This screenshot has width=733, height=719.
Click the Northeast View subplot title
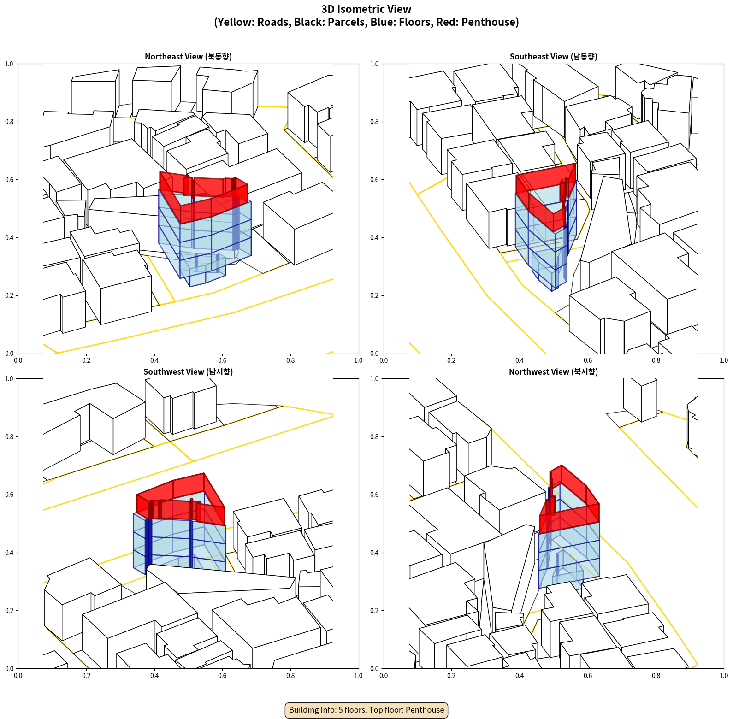pyautogui.click(x=188, y=56)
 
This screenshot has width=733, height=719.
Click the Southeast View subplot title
pyautogui.click(x=553, y=56)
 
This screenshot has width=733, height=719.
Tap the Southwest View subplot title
pyautogui.click(x=188, y=371)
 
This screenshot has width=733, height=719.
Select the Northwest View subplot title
pyautogui.click(x=553, y=371)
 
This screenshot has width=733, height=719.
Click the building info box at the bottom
pyautogui.click(x=366, y=710)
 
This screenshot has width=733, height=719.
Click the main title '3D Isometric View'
pyautogui.click(x=366, y=9)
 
